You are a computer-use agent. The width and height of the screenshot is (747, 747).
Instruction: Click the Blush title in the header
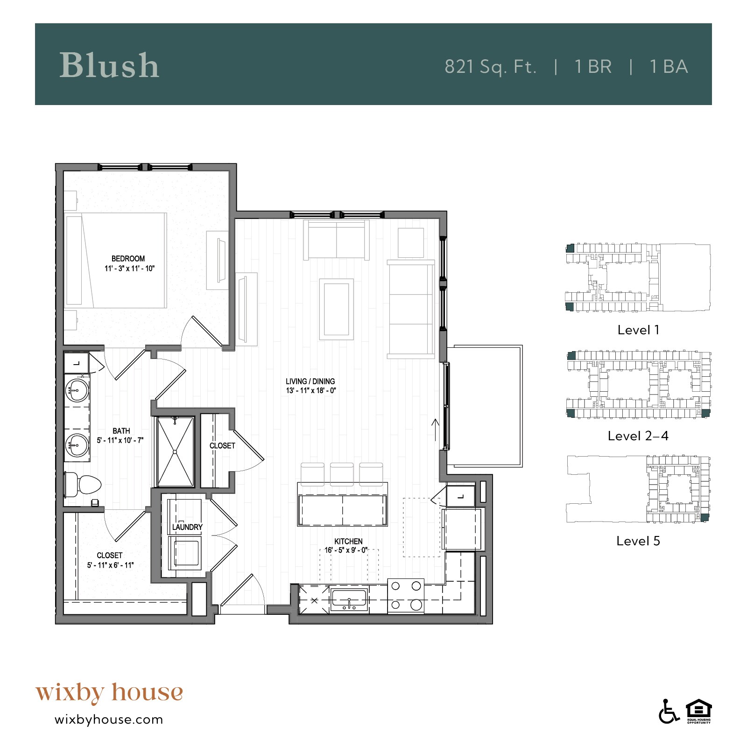coord(109,65)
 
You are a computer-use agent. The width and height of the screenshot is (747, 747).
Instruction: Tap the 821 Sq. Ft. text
coord(490,67)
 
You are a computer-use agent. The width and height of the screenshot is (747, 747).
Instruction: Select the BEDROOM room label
coord(128,259)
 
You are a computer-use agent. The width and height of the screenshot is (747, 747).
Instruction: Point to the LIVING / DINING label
coord(310,381)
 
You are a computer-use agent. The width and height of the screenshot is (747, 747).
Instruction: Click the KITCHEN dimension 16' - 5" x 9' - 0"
coord(346,550)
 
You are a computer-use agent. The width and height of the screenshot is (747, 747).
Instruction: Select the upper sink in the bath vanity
coord(77,390)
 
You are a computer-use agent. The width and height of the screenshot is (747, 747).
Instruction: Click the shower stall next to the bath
coord(175,451)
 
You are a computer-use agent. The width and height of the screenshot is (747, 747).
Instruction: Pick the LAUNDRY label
coord(187,527)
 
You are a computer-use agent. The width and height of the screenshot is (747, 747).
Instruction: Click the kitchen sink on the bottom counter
coord(349,599)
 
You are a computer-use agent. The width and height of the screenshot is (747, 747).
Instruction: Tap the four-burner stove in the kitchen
coord(406,595)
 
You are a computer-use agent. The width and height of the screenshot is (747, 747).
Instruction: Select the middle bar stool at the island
coord(342,473)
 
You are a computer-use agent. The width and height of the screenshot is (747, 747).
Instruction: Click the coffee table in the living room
coord(336,309)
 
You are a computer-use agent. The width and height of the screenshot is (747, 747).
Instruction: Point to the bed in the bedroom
coord(117,260)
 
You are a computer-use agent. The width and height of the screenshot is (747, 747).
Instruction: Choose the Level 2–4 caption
coord(638,436)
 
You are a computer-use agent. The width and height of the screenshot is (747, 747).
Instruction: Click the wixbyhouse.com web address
coord(109,719)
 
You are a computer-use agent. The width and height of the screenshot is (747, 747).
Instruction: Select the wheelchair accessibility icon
coord(669,712)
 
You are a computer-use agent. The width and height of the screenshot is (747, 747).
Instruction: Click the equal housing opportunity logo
coord(698,712)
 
